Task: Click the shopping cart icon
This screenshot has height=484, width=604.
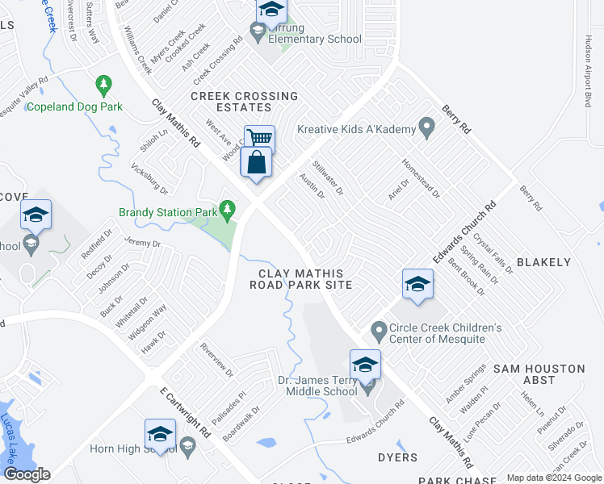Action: (x=260, y=138)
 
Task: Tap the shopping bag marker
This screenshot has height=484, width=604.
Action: (x=256, y=162)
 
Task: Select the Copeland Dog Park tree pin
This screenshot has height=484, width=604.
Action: (x=103, y=83)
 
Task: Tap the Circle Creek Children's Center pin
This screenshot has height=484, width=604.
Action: (x=378, y=329)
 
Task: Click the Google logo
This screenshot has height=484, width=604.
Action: (x=27, y=474)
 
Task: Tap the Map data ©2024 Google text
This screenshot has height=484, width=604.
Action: (x=553, y=478)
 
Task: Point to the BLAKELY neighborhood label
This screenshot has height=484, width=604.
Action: (x=543, y=262)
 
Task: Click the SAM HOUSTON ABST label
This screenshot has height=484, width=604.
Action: (x=539, y=374)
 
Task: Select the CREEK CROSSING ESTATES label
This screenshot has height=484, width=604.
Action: (x=244, y=102)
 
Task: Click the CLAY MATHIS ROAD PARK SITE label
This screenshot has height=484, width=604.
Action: (x=301, y=279)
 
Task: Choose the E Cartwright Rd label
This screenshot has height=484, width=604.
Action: (x=185, y=412)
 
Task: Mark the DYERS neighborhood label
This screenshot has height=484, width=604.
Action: (x=397, y=457)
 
